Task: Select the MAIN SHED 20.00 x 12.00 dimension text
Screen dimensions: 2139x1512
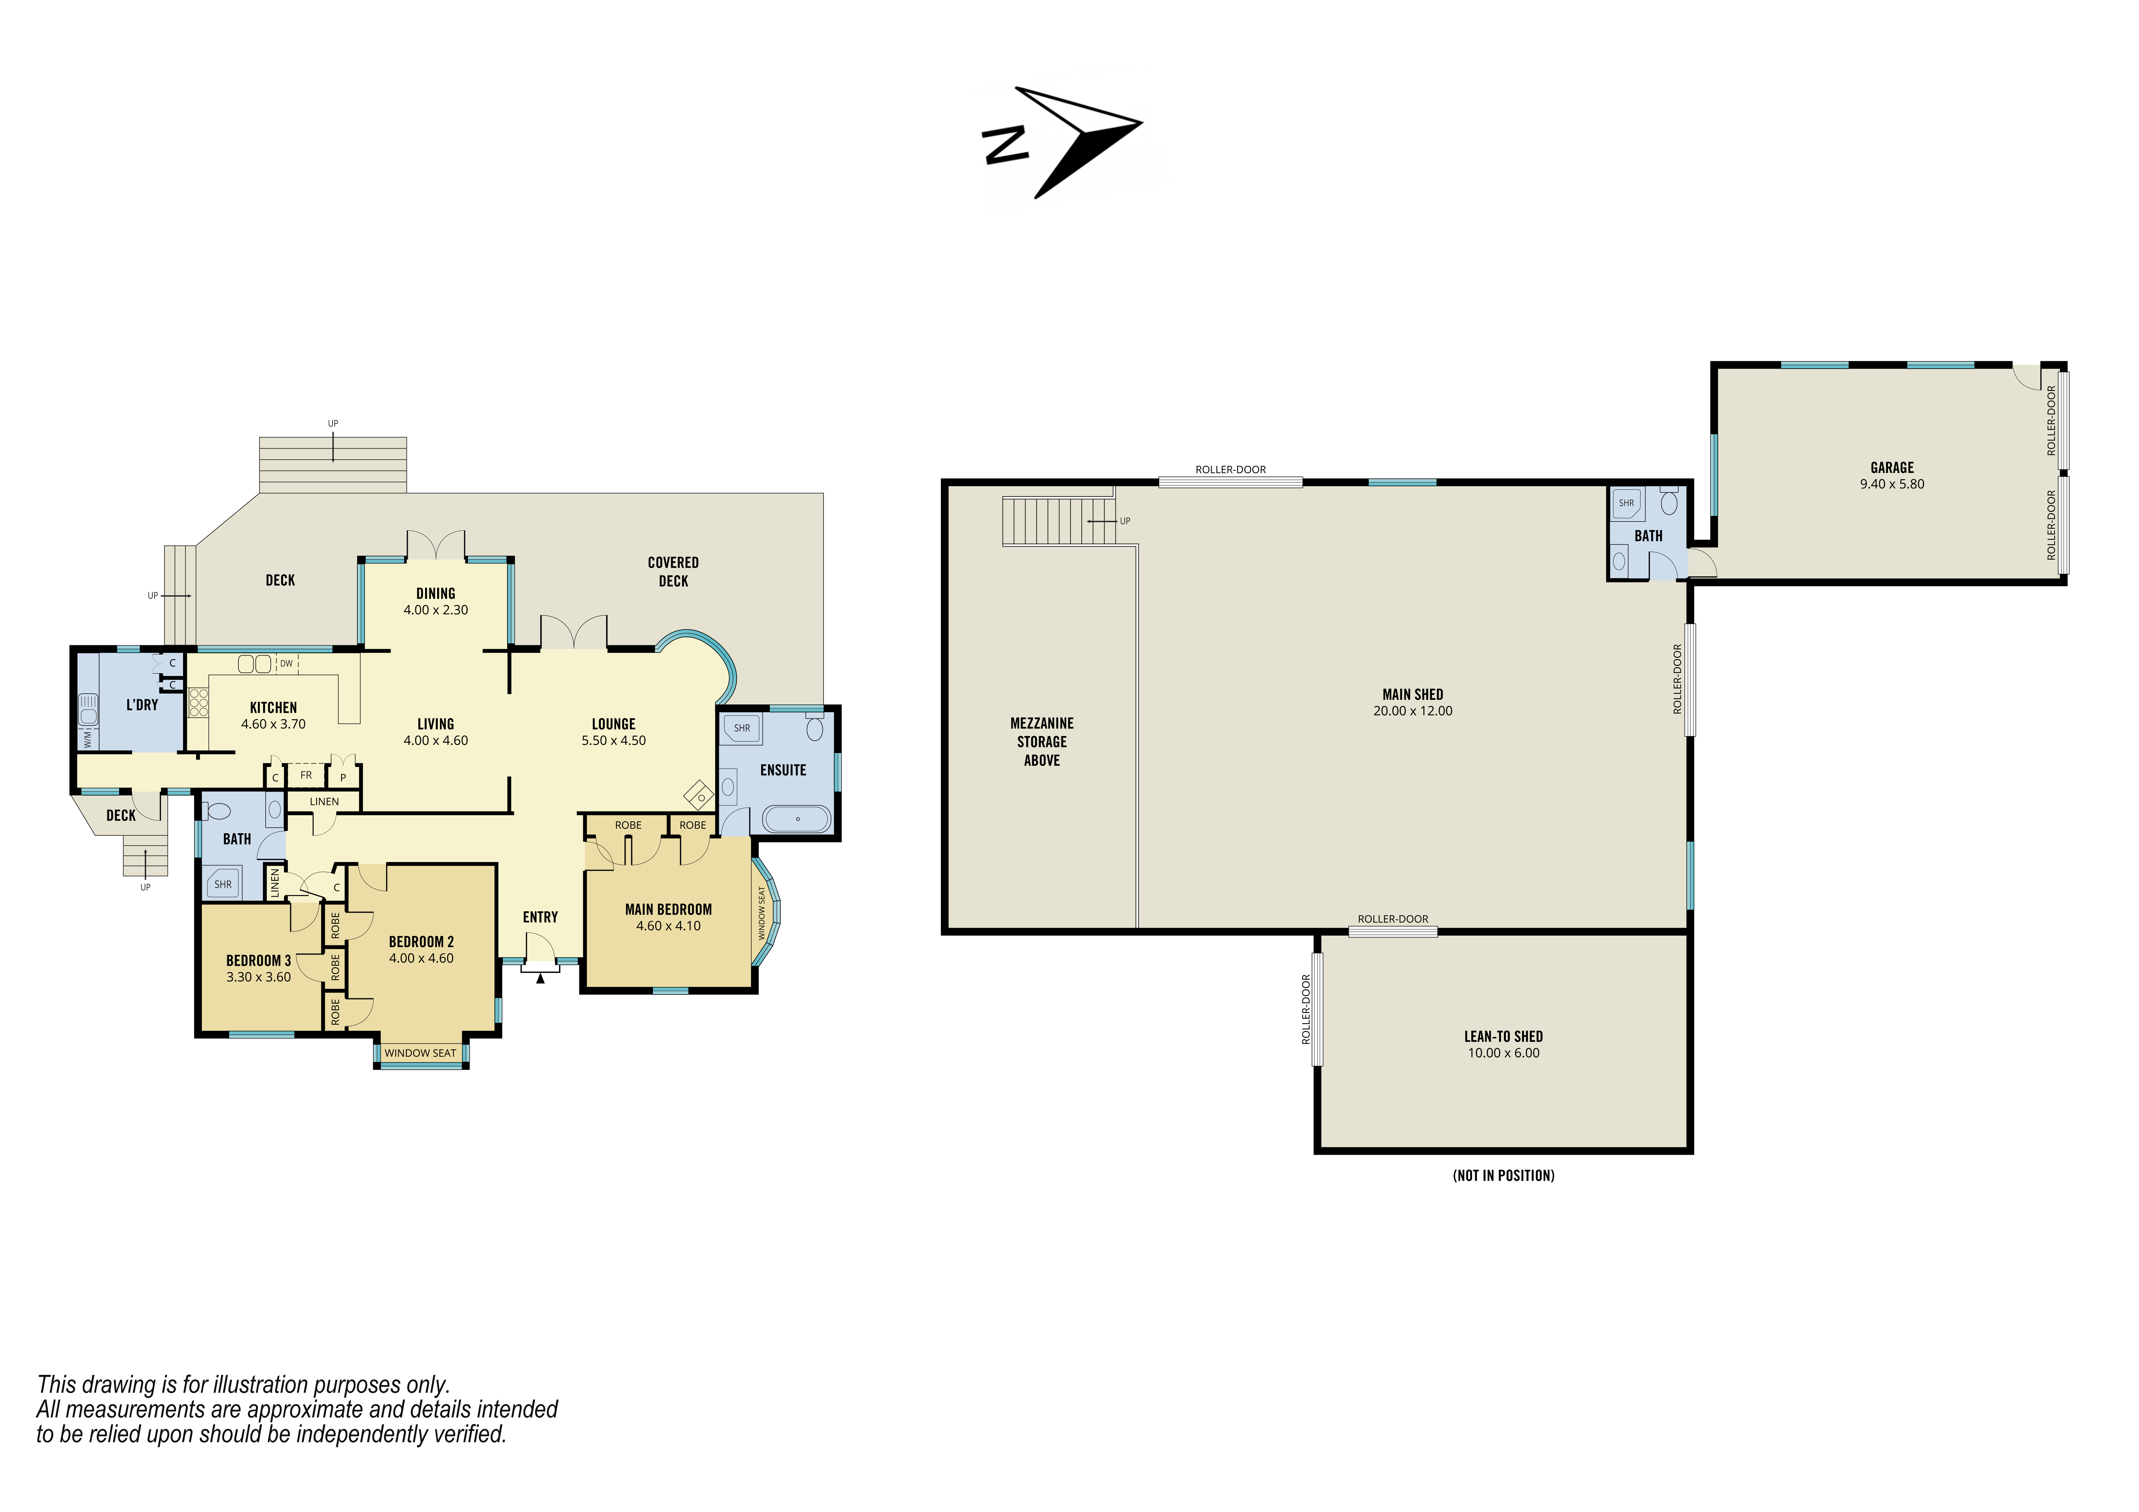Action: pyautogui.click(x=1412, y=711)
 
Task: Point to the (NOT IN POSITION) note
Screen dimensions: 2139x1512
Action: pyautogui.click(x=1503, y=1176)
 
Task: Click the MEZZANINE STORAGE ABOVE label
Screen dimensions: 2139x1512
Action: pyautogui.click(x=1041, y=742)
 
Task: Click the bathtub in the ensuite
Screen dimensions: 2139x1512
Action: pyautogui.click(x=797, y=819)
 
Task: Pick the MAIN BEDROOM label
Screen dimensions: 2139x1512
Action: pyautogui.click(x=668, y=909)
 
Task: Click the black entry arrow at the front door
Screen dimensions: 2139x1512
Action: pyautogui.click(x=540, y=977)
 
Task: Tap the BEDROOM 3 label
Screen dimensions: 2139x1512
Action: pyautogui.click(x=258, y=960)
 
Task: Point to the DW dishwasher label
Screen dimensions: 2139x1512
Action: pyautogui.click(x=286, y=663)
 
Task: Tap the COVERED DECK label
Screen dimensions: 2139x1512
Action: pyautogui.click(x=673, y=571)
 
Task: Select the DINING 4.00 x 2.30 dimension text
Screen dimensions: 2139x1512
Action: pyautogui.click(x=435, y=610)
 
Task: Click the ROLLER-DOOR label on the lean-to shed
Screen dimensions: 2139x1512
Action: pyautogui.click(x=1305, y=1009)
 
